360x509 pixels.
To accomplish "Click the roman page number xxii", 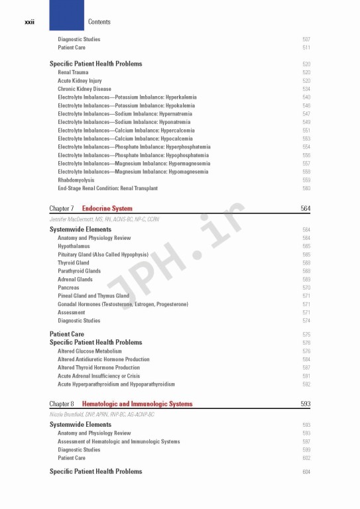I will pyautogui.click(x=29, y=22).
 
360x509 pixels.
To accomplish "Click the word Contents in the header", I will pyautogui.click(x=99, y=22).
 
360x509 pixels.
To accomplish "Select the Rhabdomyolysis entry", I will pyautogui.click(x=76, y=180).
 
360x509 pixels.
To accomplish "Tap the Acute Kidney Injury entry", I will pyautogui.click(x=80, y=80).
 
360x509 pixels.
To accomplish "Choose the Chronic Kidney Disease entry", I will pyautogui.click(x=84, y=89).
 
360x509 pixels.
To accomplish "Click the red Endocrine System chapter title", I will pyautogui.click(x=107, y=209).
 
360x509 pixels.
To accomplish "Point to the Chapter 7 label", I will pyautogui.click(x=62, y=209).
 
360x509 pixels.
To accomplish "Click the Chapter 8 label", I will pyautogui.click(x=62, y=404).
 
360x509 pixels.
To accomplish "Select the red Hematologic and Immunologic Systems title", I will pyautogui.click(x=137, y=404).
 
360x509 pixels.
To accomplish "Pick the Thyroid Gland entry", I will pyautogui.click(x=73, y=262).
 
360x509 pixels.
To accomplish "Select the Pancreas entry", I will pyautogui.click(x=68, y=288).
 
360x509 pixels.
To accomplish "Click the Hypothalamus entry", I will pyautogui.click(x=74, y=246).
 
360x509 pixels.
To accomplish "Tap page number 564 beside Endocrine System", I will pyautogui.click(x=306, y=209).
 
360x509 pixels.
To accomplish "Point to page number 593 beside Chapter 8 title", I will pyautogui.click(x=306, y=404).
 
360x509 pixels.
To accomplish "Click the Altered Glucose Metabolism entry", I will pyautogui.click(x=90, y=351).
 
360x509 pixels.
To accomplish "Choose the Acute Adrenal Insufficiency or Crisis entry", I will pyautogui.click(x=99, y=376).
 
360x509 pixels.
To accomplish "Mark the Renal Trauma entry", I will pyautogui.click(x=73, y=72).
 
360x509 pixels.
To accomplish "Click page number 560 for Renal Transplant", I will pyautogui.click(x=306, y=188).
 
